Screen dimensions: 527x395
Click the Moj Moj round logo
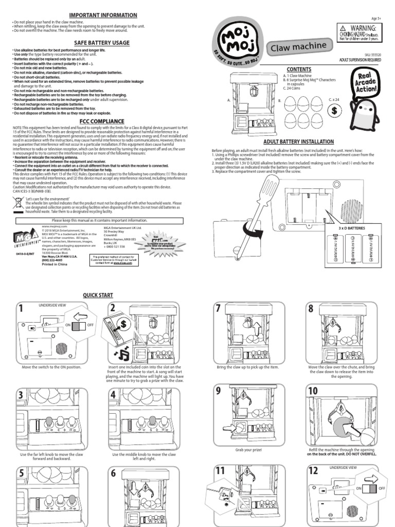(x=237, y=39)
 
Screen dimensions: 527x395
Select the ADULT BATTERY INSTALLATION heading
(x=298, y=142)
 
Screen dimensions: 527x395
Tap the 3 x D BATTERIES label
(x=352, y=227)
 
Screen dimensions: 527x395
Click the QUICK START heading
(x=98, y=295)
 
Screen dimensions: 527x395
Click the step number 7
(x=219, y=309)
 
